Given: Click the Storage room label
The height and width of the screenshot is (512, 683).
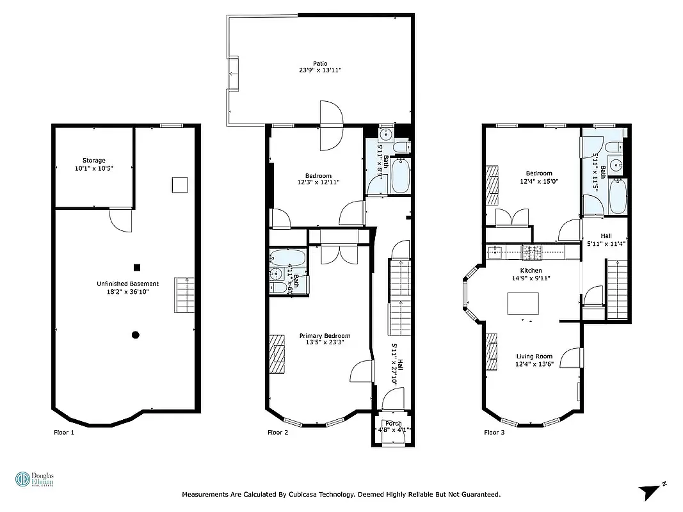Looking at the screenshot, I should [93, 161].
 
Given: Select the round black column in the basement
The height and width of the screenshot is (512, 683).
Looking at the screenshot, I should [135, 334].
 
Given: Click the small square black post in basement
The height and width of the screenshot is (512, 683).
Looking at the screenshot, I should [136, 268].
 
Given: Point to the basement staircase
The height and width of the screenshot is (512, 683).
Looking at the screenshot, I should [184, 295].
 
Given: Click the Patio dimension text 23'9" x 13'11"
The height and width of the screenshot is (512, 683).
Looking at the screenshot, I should [320, 70].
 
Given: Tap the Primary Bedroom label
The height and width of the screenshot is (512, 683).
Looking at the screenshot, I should [325, 336].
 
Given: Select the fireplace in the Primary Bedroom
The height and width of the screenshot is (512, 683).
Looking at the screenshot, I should [277, 353].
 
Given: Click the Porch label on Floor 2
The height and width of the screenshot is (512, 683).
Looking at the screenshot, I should [394, 423].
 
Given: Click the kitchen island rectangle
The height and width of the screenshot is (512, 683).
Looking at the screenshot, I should [523, 303].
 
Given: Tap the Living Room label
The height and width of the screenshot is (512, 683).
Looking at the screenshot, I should [534, 356].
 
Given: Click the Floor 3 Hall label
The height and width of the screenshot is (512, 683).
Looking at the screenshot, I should [606, 236].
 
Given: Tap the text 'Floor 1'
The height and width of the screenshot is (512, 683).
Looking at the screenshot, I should [63, 433].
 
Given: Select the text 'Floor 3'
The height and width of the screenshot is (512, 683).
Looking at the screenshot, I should [494, 433].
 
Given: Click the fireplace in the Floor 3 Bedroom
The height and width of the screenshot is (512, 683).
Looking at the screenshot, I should [491, 186].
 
